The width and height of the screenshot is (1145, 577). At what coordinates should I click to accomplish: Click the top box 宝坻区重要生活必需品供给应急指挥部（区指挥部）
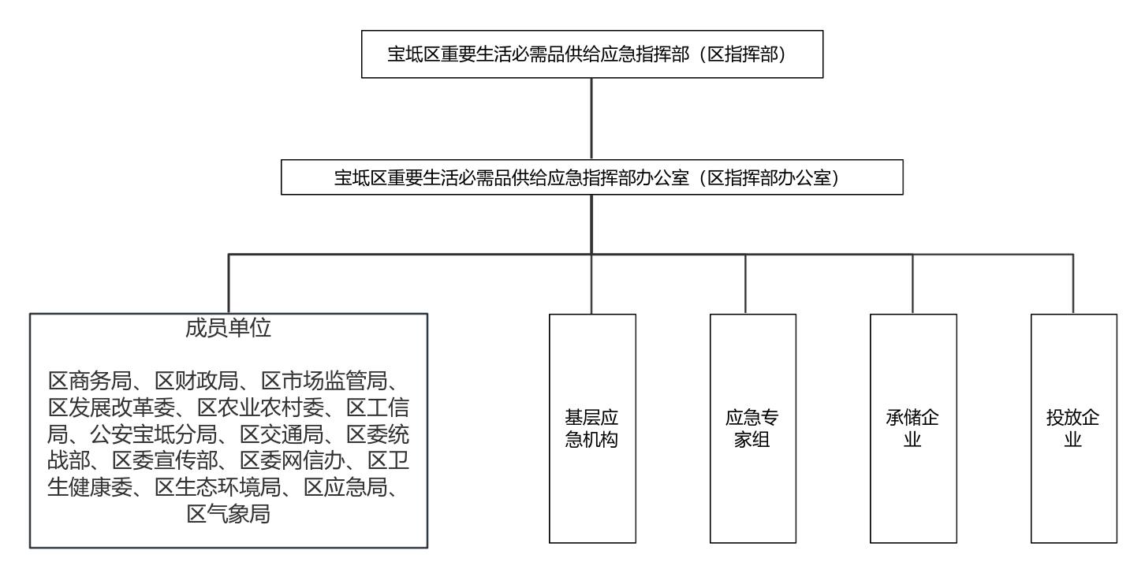(592, 54)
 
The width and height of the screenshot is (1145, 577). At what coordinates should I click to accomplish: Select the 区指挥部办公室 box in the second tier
(592, 177)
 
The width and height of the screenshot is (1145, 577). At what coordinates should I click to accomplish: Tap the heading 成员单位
(228, 328)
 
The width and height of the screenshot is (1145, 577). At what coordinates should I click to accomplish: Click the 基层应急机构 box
(592, 428)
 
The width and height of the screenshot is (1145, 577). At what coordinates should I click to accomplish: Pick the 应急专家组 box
(753, 428)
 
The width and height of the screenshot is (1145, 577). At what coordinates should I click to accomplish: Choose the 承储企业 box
(913, 428)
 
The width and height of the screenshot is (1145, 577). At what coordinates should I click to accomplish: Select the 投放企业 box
(1074, 428)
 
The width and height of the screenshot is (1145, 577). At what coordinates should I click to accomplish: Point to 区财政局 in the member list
(197, 381)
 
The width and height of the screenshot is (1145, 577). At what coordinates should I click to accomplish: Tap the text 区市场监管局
(325, 381)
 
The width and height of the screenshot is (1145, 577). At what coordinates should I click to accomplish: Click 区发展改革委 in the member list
(111, 408)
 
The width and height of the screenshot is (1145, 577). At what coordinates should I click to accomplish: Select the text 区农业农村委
(261, 408)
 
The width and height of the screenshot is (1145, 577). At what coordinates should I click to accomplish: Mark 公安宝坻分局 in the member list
(154, 434)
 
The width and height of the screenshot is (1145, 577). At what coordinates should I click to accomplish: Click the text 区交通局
(282, 434)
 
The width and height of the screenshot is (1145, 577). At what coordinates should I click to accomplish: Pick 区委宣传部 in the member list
(165, 461)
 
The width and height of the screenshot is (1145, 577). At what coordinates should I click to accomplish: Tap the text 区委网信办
(293, 461)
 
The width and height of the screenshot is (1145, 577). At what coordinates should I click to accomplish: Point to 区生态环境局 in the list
(218, 488)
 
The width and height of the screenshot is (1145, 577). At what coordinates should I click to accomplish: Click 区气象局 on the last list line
(228, 514)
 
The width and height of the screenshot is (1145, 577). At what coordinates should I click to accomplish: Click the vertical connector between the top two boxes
(591, 118)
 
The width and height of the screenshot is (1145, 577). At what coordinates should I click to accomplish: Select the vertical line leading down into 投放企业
(1073, 284)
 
